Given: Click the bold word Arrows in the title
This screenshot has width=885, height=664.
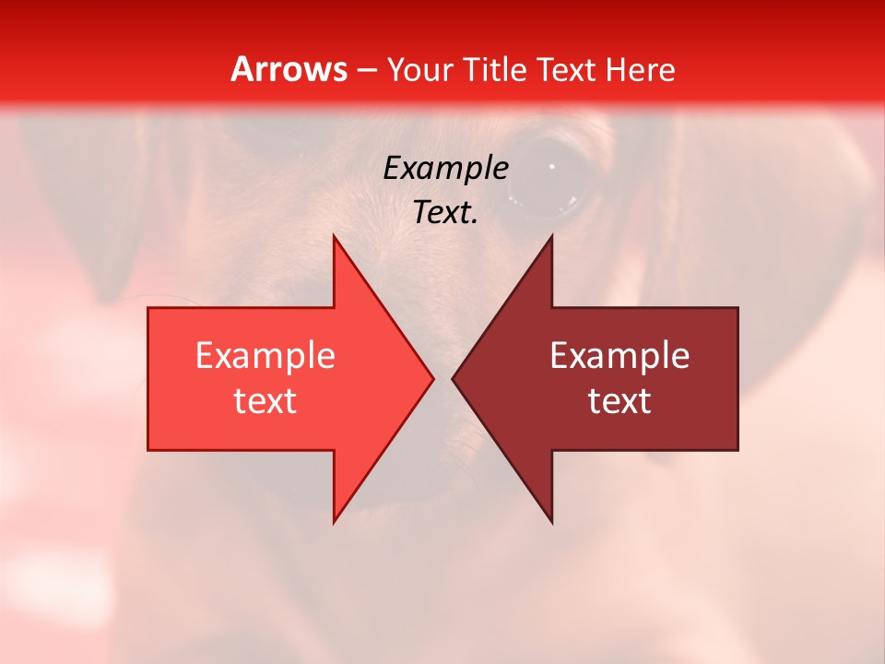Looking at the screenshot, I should pos(289,69).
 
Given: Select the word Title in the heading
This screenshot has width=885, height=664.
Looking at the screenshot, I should pos(495,69).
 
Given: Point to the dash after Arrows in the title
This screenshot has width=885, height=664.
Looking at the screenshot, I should pos(366,71).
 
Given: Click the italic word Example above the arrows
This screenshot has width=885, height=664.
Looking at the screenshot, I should pos(445,168).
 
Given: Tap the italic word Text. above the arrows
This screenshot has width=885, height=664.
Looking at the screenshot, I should pos(445,212).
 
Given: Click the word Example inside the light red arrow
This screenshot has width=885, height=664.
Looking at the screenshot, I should pos(265,356).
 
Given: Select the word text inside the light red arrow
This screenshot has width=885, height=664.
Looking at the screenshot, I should pos(265,401).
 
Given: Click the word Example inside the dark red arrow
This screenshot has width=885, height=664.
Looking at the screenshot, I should pos(619,356).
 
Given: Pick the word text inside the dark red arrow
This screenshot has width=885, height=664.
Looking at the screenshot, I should pos(619,401).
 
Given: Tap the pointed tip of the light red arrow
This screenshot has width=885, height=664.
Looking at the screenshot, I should pos(431,378).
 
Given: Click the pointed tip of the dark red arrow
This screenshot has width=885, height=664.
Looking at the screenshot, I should pos(454,378).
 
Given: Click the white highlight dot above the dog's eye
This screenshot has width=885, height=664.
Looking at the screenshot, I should pos(551,167).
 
